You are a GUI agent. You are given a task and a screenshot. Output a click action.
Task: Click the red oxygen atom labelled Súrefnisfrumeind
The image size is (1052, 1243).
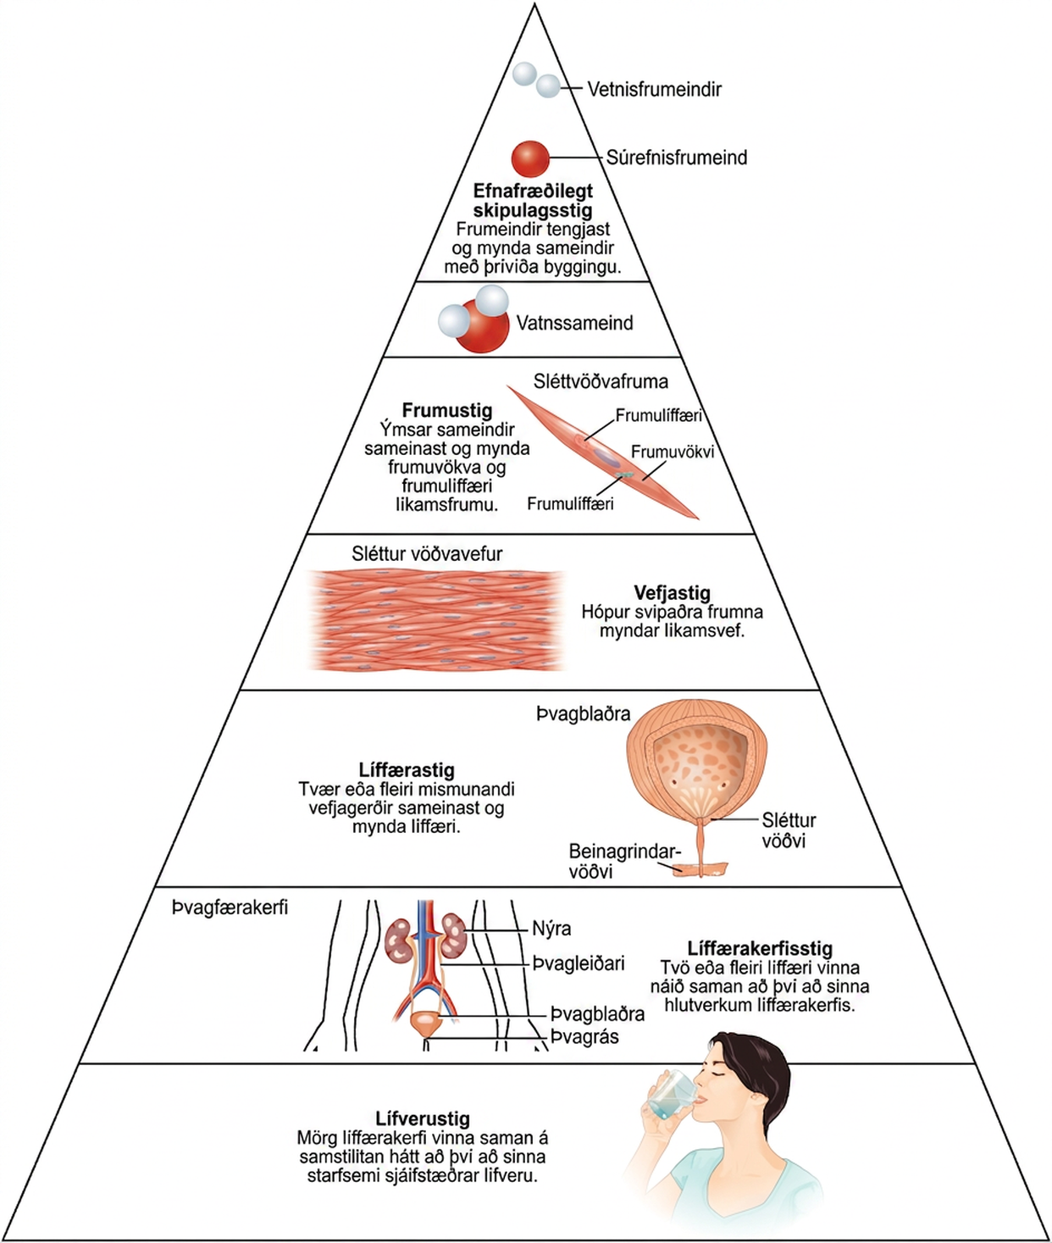529,158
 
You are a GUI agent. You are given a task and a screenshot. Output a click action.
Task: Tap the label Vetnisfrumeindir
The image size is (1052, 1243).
654,90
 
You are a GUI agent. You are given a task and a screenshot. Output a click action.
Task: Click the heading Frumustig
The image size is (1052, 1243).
446,410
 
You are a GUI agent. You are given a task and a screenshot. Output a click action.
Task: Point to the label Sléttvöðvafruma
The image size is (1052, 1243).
601,381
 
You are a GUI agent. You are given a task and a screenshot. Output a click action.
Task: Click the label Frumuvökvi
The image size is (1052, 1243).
673,452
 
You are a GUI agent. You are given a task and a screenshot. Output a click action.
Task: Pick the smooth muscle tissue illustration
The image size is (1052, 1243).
436,620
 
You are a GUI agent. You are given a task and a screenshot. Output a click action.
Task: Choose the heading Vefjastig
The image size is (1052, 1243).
672,593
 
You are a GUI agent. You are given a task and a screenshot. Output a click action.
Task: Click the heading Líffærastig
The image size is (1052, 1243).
407,769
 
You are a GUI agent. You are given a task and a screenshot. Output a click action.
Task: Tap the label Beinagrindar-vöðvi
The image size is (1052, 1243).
624,862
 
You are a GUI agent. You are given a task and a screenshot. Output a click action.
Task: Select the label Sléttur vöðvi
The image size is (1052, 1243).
789,830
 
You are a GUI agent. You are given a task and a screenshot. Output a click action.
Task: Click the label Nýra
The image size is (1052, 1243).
551,929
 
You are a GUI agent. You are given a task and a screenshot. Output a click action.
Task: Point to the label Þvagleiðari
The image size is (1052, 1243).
579,963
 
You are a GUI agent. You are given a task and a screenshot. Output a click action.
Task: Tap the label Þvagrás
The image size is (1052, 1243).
584,1037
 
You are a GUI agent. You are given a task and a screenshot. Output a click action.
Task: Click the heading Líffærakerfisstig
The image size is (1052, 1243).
760,948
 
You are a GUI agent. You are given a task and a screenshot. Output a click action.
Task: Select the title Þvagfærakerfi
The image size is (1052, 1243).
230,907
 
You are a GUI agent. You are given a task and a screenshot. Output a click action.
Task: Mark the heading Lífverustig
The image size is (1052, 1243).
423,1118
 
